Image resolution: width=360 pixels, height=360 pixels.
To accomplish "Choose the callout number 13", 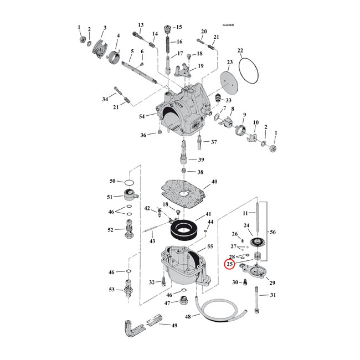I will [141, 24].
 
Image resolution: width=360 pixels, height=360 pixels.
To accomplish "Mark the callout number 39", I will [193, 160].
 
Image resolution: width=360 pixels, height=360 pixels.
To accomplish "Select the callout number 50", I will [112, 181].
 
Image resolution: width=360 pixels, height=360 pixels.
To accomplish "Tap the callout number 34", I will [105, 99].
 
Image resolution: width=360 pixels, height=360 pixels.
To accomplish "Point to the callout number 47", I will [167, 303].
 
